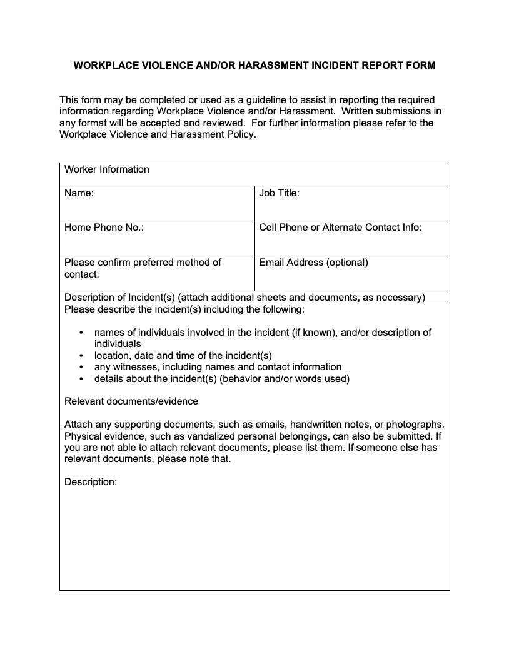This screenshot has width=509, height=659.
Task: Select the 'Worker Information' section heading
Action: [107, 169]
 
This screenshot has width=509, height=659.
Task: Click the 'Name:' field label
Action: [79, 193]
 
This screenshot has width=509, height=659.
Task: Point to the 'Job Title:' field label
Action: [279, 193]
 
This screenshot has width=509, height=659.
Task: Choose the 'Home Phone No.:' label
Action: [104, 228]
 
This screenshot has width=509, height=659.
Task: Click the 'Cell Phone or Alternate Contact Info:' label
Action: [340, 228]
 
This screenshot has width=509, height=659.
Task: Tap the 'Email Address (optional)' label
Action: [313, 263]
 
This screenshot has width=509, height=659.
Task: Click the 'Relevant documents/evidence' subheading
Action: [131, 401]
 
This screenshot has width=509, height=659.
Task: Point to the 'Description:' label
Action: [91, 482]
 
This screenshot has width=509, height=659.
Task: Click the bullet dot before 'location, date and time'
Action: [81, 356]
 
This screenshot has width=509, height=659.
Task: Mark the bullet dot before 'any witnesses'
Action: [81, 367]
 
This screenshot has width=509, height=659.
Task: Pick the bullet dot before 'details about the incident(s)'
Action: [81, 379]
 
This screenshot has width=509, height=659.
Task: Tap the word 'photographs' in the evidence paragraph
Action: [415, 425]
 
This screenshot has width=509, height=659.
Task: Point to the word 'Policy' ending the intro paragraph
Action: [239, 134]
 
